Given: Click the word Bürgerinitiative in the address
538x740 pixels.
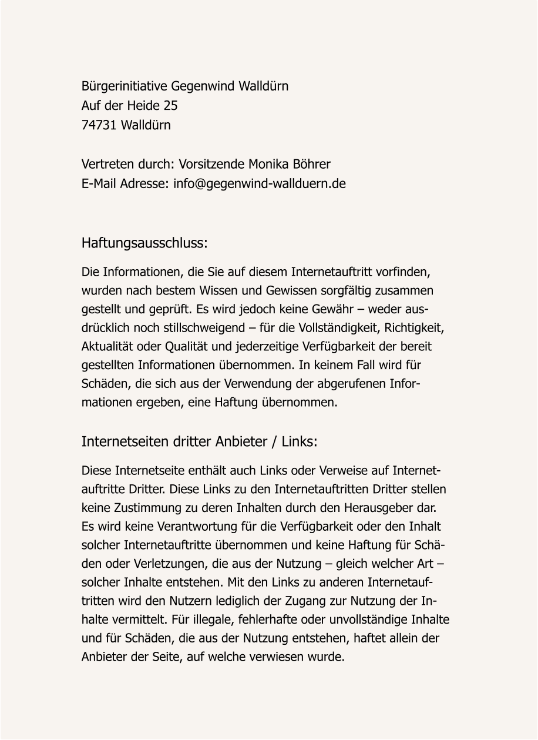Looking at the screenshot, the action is point(124,87).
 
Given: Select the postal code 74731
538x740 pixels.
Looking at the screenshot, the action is point(99,125).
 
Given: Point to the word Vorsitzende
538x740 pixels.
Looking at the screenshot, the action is point(212,164).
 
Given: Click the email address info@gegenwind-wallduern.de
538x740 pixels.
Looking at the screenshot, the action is point(260,183).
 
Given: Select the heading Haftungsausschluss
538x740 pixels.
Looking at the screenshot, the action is point(144,243).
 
